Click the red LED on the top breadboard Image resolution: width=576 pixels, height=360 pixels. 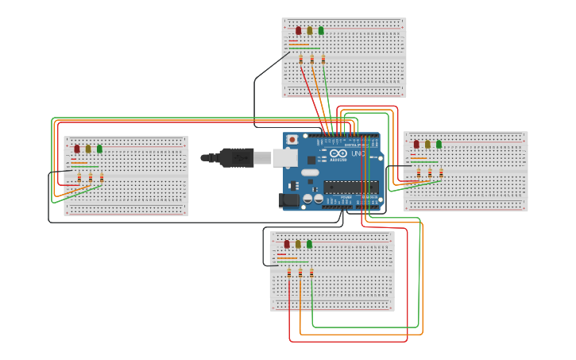coord(299,31)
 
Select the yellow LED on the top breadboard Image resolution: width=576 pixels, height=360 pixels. coord(310,31)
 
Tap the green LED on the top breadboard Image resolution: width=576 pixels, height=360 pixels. coord(321,31)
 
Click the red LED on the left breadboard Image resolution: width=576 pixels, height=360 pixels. coord(77,149)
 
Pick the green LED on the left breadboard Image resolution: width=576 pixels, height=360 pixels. coord(99,149)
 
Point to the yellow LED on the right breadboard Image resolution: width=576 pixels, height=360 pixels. coord(427,145)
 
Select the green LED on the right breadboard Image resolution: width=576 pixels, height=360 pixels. coord(439,145)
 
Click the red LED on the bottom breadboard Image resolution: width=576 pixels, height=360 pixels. coord(287,244)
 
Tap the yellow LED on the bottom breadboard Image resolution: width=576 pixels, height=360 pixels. coord(298,244)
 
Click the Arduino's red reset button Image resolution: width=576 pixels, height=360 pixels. coord(292,140)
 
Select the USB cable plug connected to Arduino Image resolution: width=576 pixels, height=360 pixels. coord(238,157)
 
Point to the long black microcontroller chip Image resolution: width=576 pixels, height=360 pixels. coord(350,188)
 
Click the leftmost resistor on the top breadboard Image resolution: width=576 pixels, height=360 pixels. coord(300,59)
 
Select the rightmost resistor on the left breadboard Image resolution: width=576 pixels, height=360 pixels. coord(102,177)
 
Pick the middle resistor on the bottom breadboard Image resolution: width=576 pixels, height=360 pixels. coord(300,273)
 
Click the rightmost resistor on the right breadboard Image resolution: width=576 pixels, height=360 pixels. coord(441,172)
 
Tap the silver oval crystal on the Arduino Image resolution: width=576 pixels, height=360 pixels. coord(310,172)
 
